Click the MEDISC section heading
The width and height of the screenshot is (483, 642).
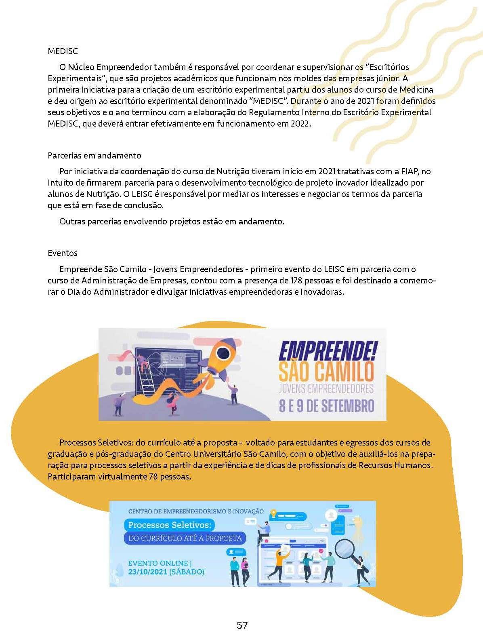click(63, 51)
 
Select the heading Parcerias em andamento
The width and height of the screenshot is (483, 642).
click(94, 156)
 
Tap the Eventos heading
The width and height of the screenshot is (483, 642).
click(63, 253)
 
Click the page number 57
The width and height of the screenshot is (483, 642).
click(242, 625)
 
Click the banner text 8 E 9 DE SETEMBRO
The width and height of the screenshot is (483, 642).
click(326, 406)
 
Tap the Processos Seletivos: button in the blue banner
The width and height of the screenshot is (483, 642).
click(170, 525)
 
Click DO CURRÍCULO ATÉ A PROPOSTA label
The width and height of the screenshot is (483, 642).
click(185, 538)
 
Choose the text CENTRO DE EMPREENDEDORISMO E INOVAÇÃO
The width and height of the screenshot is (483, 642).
click(196, 511)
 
